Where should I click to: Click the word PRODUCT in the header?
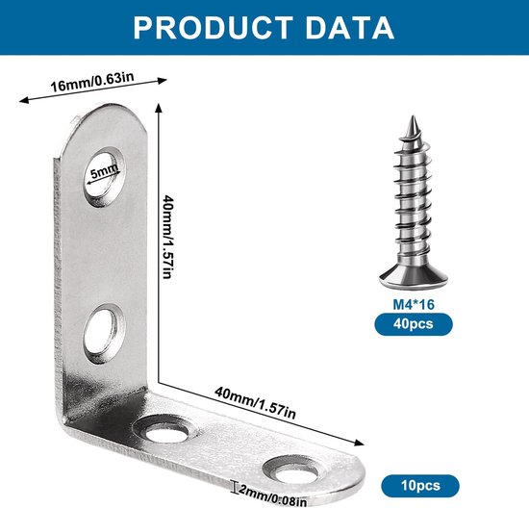pos(213,28)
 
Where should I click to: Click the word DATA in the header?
pos(350,28)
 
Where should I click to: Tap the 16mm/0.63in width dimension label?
pos(92,82)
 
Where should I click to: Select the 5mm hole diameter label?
pos(105,171)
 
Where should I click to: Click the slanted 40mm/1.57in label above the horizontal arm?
pos(255,402)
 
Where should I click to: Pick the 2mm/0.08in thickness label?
pos(272,495)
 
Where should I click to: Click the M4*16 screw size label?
pos(414,304)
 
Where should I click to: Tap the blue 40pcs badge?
pos(414,324)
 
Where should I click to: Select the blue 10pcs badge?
pos(420,486)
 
